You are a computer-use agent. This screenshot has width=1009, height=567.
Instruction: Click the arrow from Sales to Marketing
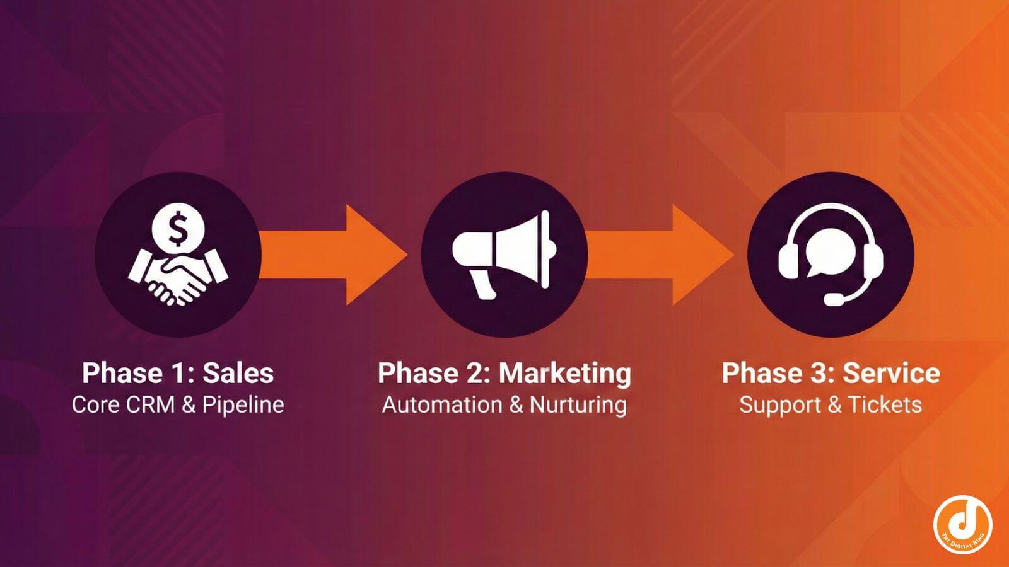click(334, 255)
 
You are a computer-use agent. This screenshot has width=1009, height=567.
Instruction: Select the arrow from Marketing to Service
click(661, 255)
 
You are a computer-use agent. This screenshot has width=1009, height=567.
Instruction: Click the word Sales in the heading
click(238, 373)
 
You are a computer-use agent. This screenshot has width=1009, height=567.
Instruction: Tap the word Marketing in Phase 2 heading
click(565, 373)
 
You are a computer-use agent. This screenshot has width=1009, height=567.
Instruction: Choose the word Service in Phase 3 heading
click(892, 373)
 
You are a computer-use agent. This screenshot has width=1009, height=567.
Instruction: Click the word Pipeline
click(243, 404)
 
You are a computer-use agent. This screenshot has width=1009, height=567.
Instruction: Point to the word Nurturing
click(578, 404)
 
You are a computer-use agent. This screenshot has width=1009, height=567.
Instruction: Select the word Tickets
click(885, 404)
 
